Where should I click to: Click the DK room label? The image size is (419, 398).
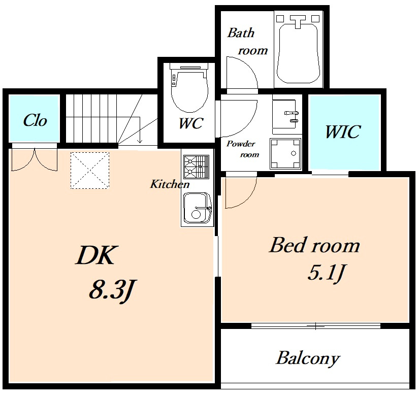[x=96, y=255]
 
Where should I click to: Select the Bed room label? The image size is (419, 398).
[x=314, y=245]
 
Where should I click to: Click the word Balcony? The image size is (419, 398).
[x=308, y=359]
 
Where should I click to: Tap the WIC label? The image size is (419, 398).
[x=343, y=131]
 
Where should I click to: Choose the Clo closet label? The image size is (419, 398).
[x=35, y=120]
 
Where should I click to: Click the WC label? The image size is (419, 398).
[x=191, y=123]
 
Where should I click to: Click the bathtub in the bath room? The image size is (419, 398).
[x=299, y=53]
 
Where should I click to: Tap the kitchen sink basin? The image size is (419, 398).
[x=197, y=208]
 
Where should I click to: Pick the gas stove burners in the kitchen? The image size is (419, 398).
[x=197, y=167]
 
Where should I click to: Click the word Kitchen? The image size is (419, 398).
[x=170, y=184]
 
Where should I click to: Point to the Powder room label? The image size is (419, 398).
[x=243, y=149]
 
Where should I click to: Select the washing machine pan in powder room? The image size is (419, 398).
[x=285, y=154]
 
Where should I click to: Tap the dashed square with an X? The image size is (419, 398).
[x=90, y=171]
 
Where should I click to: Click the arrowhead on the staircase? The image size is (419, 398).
[x=140, y=141]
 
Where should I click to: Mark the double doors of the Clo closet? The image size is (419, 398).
[x=35, y=160]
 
